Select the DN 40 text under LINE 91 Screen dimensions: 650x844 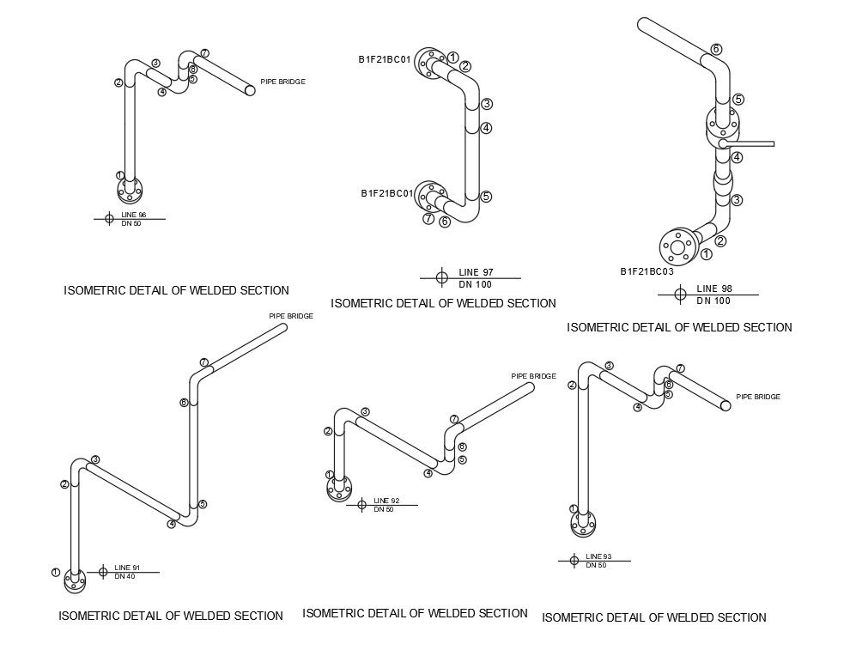[124, 575]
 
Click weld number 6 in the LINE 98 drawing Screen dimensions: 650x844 [716, 49]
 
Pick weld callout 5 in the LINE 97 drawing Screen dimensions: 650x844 [486, 197]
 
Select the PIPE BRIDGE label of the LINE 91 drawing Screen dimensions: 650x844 [291, 316]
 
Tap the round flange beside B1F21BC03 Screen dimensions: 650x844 [677, 247]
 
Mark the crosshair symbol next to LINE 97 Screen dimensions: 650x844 [441, 277]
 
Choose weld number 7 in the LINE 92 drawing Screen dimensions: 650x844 [454, 419]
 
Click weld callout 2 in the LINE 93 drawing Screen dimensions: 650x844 [572, 385]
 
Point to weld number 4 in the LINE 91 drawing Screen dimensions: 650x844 [171, 524]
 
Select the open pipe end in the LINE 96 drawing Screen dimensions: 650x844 [251, 89]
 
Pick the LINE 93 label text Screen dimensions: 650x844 [598, 556]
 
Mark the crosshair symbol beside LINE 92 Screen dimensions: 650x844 [361, 504]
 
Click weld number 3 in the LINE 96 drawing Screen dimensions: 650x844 [155, 63]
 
